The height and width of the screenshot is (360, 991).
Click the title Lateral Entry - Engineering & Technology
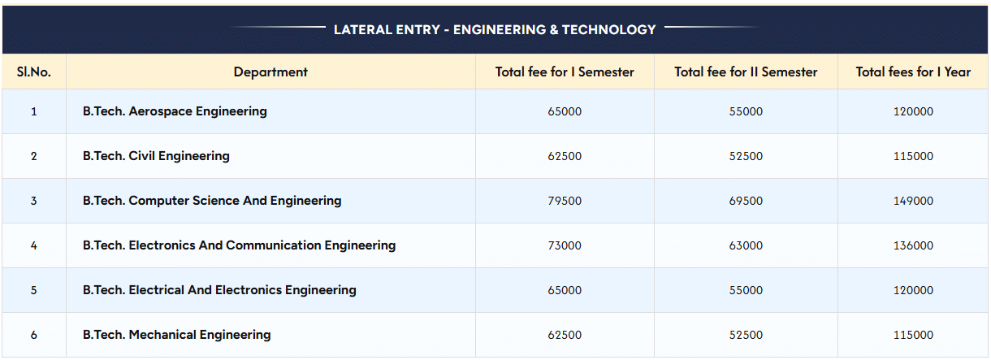[x=495, y=30]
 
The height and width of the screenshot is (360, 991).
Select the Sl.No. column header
[x=34, y=72]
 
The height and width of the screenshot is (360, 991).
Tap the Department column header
[x=270, y=72]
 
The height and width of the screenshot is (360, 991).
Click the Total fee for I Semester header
[x=565, y=72]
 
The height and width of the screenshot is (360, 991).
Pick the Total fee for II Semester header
[x=746, y=72]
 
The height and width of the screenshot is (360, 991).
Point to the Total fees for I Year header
[x=913, y=72]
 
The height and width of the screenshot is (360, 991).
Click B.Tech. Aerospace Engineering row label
[x=175, y=111]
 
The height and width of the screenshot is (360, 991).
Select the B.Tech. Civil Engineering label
[x=156, y=156]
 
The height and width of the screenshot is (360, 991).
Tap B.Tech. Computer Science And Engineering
[x=212, y=201]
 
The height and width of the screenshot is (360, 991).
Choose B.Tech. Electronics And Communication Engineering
[x=239, y=245]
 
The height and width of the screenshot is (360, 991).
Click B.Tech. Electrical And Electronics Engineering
[x=219, y=290]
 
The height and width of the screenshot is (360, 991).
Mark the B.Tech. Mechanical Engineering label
[x=176, y=335]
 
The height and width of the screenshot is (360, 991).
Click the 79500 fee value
[x=565, y=201]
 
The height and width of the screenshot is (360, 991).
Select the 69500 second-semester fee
[x=746, y=201]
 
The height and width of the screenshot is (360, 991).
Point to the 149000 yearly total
[x=913, y=201]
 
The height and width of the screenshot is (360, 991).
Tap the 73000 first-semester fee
[x=565, y=245]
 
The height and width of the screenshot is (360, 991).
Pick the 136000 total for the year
[x=913, y=245]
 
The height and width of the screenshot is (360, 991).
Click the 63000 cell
[x=746, y=245]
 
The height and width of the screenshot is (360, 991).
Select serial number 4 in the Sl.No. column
[x=34, y=245]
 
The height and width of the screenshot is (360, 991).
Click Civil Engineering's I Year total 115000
[x=913, y=156]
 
